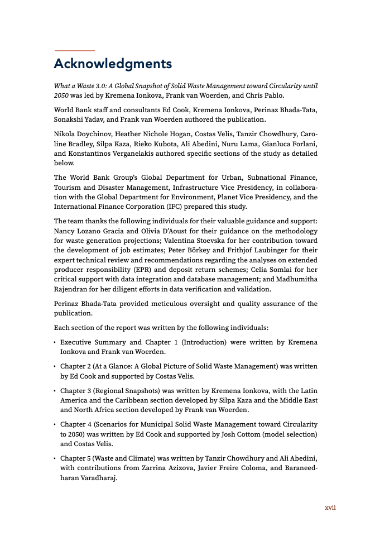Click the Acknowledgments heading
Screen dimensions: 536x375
pos(113,64)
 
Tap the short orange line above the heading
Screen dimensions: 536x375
pos(74,51)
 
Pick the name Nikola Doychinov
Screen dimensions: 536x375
pos(80,135)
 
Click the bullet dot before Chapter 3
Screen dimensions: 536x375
pos(55,390)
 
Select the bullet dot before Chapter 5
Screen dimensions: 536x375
pos(55,457)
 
